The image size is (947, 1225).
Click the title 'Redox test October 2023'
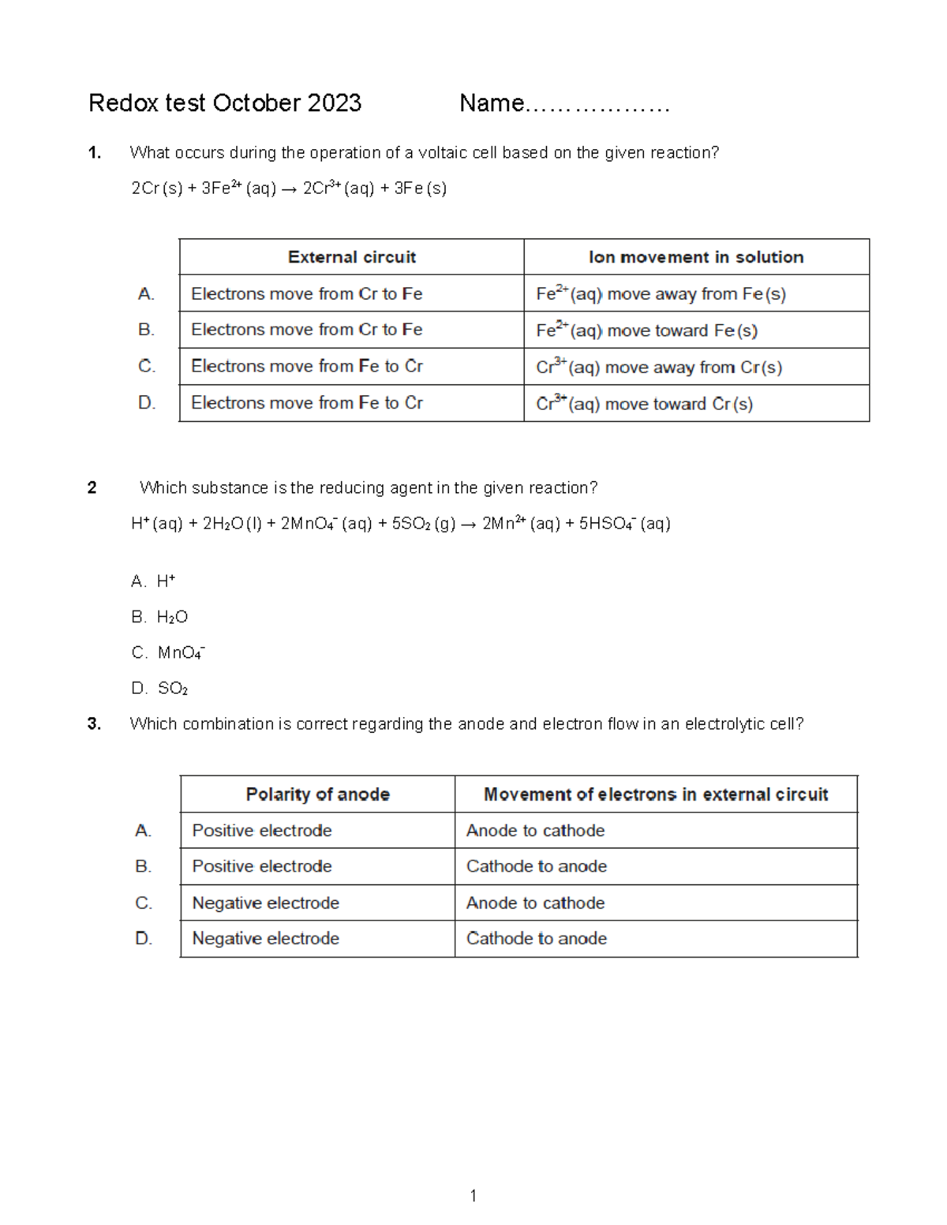tap(225, 103)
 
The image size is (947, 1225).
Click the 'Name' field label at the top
tap(492, 103)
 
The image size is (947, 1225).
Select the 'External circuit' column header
tap(351, 257)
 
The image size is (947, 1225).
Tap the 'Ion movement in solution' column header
tap(695, 257)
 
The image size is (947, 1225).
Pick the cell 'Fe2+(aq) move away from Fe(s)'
tap(661, 294)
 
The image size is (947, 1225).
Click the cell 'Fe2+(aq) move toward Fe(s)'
tap(646, 331)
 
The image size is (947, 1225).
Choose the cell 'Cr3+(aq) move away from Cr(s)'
tap(659, 367)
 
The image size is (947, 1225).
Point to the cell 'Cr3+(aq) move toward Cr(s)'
tap(644, 404)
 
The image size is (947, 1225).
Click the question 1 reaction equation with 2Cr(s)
tap(289, 189)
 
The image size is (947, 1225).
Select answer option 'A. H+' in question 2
tap(153, 581)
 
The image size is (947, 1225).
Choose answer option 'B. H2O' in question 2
tap(159, 617)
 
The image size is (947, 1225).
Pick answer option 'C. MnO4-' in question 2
tap(168, 652)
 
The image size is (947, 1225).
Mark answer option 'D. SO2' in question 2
tap(159, 689)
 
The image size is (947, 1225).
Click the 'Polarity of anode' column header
tap(317, 794)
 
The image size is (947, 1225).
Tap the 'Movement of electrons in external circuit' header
tap(655, 794)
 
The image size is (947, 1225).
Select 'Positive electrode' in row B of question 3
tap(262, 866)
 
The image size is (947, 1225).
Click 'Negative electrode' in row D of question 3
tap(265, 939)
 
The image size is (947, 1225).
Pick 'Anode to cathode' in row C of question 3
tap(535, 902)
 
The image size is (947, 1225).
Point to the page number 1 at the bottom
tap(473, 1196)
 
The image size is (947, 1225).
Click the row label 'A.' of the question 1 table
tap(146, 294)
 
